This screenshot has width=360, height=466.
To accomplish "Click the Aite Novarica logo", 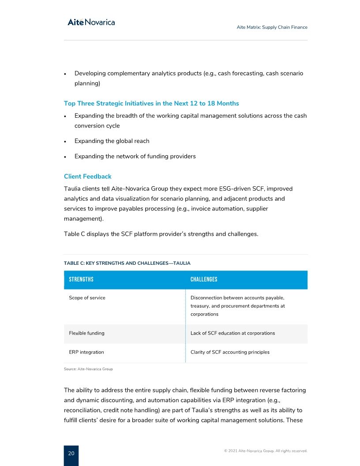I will [x=91, y=22].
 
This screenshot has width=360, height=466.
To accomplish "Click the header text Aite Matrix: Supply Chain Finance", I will [x=272, y=27].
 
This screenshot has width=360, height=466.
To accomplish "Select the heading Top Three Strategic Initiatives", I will [x=151, y=103].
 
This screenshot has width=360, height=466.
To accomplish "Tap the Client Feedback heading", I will [x=87, y=177].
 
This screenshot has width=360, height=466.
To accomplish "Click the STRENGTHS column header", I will [x=81, y=279].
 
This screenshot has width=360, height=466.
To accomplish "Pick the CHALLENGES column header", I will [x=204, y=279].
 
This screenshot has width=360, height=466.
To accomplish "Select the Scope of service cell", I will [x=87, y=298].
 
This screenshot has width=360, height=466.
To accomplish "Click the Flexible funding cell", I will [x=86, y=333].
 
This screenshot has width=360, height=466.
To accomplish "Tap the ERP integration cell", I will [x=86, y=352].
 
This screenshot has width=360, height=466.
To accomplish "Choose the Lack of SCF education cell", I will [x=232, y=333].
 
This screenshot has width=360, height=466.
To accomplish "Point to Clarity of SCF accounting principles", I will [x=230, y=352].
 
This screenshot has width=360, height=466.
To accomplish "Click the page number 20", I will [x=71, y=453].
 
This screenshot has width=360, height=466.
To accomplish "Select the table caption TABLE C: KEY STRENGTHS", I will [x=127, y=263].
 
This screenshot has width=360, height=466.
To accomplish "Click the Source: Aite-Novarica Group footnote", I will [x=88, y=369].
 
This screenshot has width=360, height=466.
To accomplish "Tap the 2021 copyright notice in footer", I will [x=266, y=451].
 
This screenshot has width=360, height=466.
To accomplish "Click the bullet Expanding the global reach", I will [x=112, y=141].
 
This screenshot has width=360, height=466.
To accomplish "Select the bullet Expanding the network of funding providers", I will [x=135, y=156].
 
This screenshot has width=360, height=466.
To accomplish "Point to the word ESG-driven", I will [x=228, y=188].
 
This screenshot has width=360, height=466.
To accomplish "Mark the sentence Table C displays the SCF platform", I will [x=161, y=234].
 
